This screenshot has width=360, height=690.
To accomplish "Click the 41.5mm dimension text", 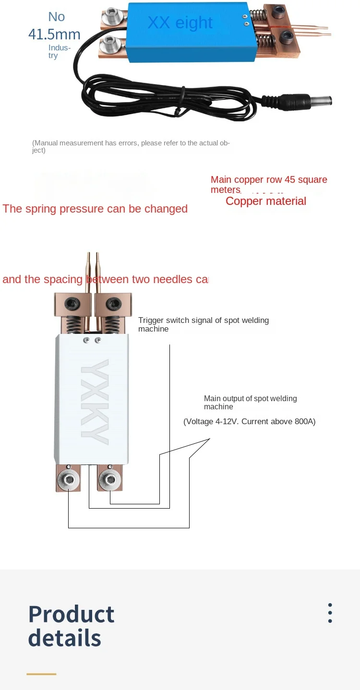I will (x=54, y=34).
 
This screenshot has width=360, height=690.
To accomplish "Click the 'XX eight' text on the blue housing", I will (x=180, y=23).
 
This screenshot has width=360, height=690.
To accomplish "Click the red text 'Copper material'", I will (x=266, y=201).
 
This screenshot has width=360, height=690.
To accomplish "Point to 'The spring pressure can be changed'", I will (x=95, y=209).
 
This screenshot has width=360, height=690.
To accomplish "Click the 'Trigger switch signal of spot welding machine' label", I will (x=204, y=324).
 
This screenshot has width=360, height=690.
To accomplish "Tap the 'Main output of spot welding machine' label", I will (x=250, y=403).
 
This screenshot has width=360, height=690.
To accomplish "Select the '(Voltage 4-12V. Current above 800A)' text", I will (x=250, y=422).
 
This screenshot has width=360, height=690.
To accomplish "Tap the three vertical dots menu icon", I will (x=330, y=613).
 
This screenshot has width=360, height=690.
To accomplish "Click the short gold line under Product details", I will (x=41, y=674).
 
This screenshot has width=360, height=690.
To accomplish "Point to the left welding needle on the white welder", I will (x=89, y=274).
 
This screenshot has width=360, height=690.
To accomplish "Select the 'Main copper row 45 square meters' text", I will (x=269, y=184).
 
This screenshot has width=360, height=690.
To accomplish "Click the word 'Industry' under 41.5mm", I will (x=59, y=51).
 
